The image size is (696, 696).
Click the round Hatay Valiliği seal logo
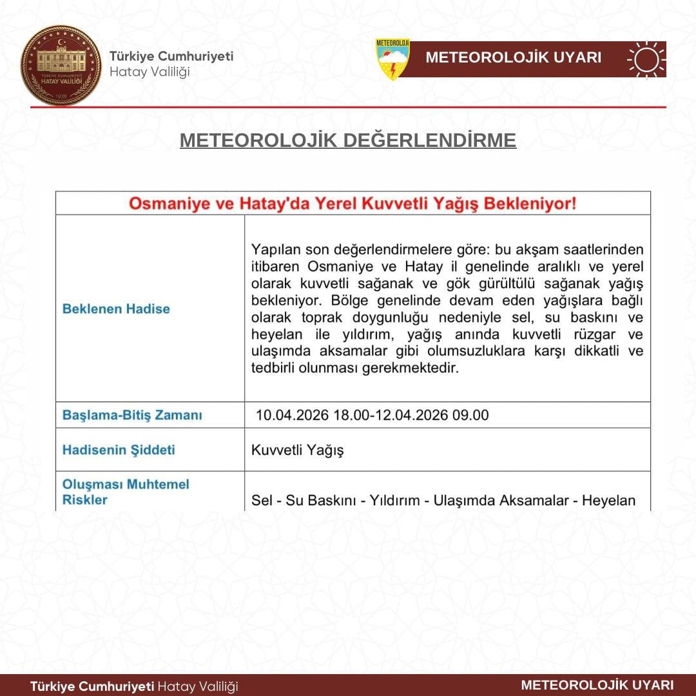tap(61, 65)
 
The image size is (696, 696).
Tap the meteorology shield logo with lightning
tap(392, 59)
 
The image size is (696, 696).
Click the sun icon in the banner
tap(646, 59)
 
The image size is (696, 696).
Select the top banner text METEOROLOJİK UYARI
tap(513, 58)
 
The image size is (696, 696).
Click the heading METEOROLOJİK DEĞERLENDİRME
tap(348, 140)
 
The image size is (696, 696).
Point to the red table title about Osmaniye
tap(353, 204)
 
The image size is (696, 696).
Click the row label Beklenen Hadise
tap(116, 309)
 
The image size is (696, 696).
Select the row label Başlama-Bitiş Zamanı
tap(132, 416)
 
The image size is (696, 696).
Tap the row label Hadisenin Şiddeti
tap(119, 450)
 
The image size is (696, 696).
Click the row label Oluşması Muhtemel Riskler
tap(126, 492)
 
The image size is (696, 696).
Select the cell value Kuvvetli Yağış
tap(297, 450)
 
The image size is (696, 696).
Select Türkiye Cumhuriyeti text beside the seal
tap(171, 56)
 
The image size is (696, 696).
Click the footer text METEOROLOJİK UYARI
tap(597, 685)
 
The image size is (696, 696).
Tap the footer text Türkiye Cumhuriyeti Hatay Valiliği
tap(134, 686)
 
